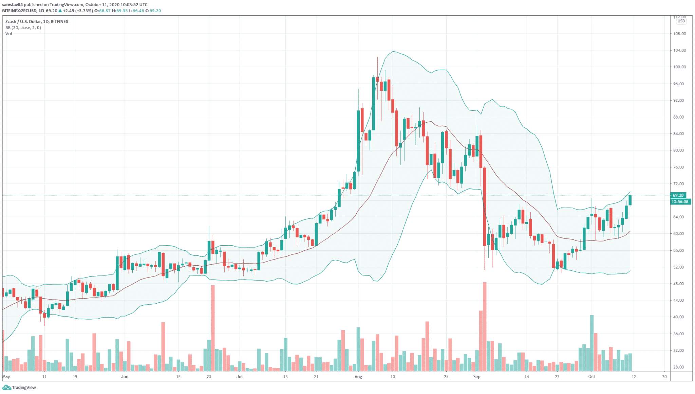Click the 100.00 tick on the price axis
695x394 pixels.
679,67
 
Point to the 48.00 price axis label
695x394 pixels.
679,284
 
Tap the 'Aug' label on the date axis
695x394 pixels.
358,376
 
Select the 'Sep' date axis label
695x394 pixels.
477,376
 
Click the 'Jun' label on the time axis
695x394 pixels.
125,376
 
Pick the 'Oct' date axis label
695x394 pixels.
591,376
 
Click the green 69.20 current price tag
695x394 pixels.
678,195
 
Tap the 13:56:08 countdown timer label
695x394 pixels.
680,202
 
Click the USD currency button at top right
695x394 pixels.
681,21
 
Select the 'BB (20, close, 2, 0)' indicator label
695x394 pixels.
23,28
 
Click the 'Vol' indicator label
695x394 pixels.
8,34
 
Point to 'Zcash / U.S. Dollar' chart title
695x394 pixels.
23,21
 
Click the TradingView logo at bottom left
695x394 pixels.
20,388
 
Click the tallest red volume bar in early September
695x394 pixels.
485,326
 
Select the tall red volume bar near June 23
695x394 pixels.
213,328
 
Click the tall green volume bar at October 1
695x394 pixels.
592,343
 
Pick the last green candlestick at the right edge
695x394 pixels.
630,200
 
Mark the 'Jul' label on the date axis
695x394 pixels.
240,376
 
